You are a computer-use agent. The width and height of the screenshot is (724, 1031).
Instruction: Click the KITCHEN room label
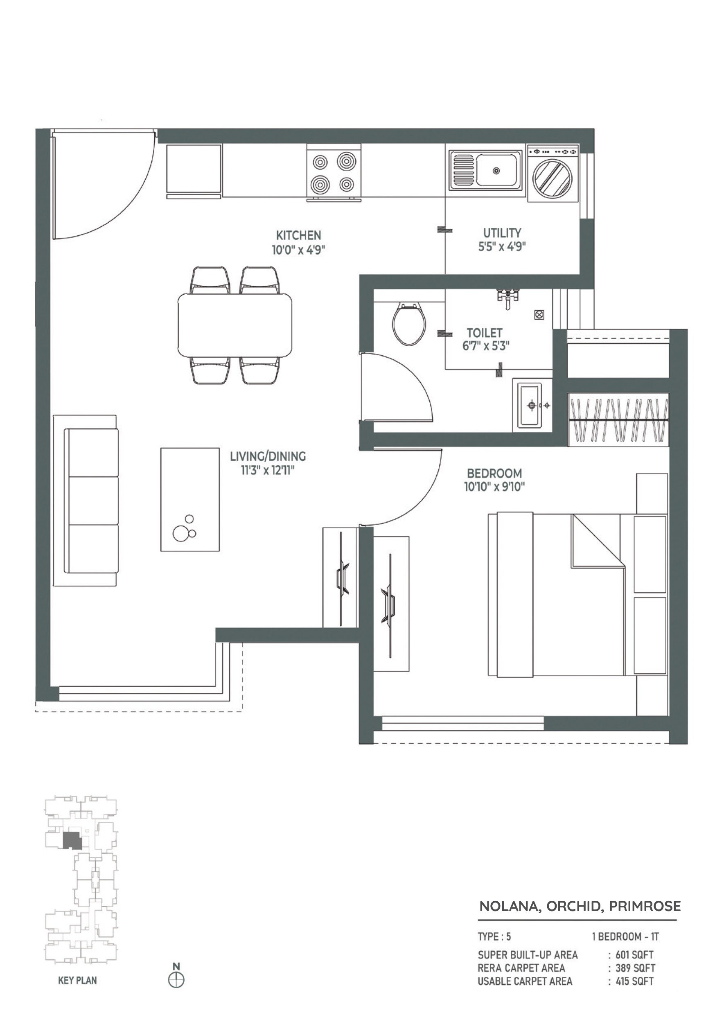298,235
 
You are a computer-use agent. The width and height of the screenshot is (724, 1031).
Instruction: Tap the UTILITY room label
502,232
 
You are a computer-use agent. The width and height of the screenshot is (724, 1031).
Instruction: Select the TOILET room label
484,333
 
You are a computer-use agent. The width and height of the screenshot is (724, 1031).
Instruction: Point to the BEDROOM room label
494,473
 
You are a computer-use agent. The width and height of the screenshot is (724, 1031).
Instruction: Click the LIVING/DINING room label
268,456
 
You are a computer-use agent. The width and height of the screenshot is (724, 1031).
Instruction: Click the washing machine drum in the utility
552,177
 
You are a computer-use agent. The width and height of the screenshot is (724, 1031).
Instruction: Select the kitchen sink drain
496,171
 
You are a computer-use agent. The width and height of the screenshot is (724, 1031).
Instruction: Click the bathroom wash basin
532,406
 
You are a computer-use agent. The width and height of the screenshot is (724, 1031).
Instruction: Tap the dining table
235,325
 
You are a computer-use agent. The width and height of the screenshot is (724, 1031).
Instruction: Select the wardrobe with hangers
618,420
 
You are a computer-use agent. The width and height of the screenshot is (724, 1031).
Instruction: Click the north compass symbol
176,980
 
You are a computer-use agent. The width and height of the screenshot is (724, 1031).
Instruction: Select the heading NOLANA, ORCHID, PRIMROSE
580,906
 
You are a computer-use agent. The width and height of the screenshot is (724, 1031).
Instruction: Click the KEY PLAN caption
77,980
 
